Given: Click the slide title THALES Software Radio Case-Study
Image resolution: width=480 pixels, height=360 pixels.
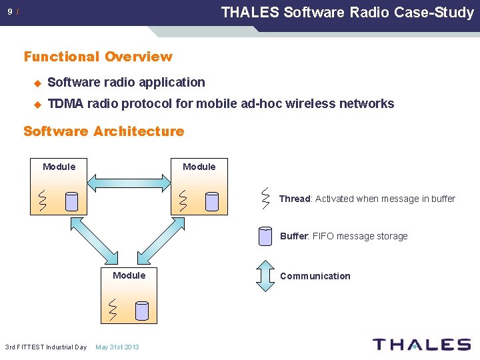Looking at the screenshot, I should coord(347,12).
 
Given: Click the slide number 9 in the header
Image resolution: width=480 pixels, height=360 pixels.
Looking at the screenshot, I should coord(10,12).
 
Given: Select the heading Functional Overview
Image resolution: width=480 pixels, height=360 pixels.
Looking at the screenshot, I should coord(98,57).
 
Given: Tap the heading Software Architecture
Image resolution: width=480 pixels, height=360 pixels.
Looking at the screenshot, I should coord(103,131).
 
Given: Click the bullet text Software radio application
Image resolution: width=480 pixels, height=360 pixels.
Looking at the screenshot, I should coord(127,83).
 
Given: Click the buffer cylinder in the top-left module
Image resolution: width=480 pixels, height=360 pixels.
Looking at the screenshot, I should coord(72,201).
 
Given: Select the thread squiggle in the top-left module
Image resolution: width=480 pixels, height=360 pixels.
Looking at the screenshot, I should coord(43,201).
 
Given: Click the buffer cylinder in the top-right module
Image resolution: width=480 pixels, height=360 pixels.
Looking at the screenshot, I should coord(212,201).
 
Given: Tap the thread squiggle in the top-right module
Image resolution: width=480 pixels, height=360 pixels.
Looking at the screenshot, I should coord(183,201).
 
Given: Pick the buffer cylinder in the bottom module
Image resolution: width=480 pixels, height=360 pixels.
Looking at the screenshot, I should coord(141,311).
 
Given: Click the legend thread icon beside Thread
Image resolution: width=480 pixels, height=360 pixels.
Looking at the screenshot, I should coord(265,197).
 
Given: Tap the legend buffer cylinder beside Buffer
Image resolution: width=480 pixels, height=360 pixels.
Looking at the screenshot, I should coord(265,237).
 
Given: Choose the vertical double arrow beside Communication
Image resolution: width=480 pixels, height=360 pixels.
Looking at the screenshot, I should coord(265,276).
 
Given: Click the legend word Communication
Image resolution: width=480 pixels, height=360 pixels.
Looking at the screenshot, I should coord(315,276).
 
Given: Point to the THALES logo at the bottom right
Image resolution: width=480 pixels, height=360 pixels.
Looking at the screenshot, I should coord(421,345).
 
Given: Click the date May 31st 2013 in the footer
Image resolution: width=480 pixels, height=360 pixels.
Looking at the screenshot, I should coord(117,347).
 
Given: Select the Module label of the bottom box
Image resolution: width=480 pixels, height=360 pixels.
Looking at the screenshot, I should coord(129,275).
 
